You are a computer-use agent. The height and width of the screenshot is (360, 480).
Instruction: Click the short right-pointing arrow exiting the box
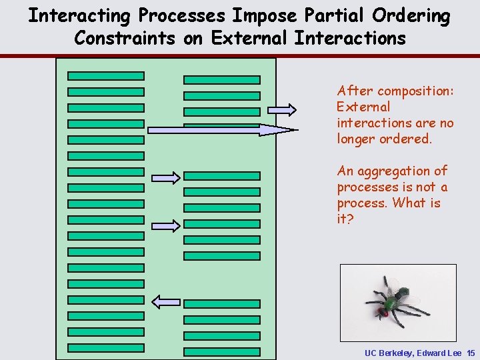coord(283,109)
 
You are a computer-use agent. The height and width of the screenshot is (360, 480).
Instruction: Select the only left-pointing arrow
coord(166,301)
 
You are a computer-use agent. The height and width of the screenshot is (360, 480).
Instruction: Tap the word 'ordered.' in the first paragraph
coord(406,139)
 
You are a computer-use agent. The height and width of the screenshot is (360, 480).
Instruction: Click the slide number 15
coord(471,352)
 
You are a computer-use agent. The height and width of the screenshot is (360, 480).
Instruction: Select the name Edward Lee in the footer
coord(441,352)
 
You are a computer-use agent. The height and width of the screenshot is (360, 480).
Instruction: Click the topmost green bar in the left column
coord(106,76)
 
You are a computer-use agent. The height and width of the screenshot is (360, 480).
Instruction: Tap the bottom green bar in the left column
coord(106,347)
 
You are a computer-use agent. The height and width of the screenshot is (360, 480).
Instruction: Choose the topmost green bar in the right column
coord(222,79)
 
